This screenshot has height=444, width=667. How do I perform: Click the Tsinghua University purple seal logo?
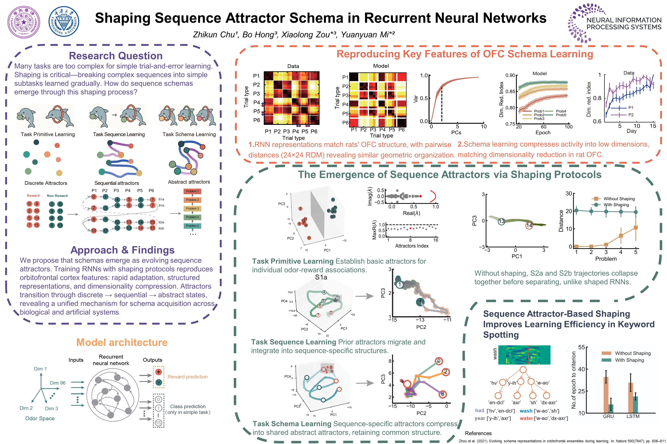(24, 22)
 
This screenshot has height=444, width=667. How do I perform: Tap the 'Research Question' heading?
(116, 56)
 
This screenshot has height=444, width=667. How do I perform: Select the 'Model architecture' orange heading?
(122, 342)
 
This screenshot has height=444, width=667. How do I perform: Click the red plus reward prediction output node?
(159, 372)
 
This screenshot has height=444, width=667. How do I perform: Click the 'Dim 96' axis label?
(58, 383)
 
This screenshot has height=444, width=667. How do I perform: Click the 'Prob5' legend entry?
(561, 115)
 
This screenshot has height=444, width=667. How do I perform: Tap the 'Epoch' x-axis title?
(543, 133)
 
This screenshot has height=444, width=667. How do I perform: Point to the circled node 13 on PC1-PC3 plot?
(501, 221)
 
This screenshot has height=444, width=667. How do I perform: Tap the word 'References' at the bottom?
(478, 433)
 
